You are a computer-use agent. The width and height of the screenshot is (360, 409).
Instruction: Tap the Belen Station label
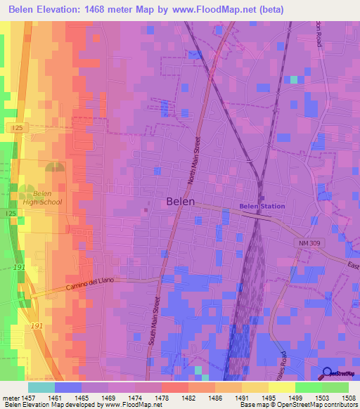tap(262, 206)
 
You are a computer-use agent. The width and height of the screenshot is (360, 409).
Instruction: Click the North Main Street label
tap(195, 162)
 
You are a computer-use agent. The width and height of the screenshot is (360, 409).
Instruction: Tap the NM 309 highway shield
tap(307, 242)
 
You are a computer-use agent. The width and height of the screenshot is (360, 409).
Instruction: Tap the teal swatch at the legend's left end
tap(41, 387)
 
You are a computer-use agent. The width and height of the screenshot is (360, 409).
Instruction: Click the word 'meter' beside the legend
tap(12, 398)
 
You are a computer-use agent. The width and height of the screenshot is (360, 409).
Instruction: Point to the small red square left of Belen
tap(146, 209)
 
